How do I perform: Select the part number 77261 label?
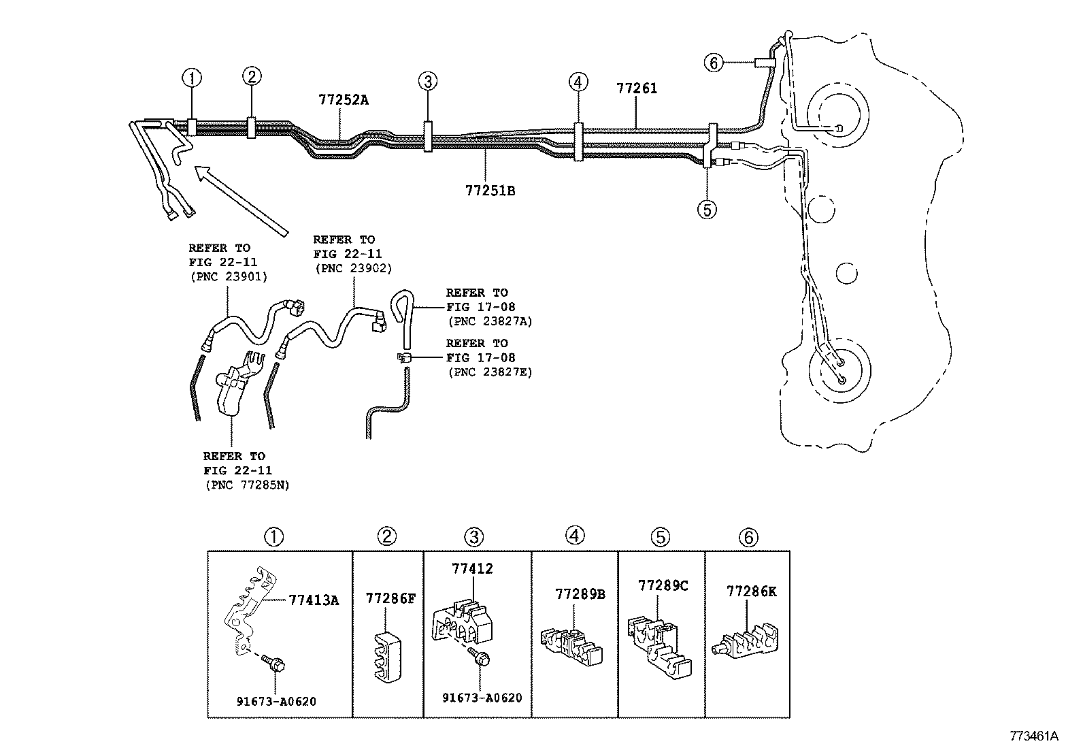(x=637, y=88)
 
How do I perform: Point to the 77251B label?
(x=490, y=191)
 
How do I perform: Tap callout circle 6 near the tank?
(x=713, y=63)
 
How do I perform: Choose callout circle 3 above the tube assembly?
(x=427, y=82)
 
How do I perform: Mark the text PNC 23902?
(x=353, y=269)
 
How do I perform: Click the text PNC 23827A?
(x=490, y=321)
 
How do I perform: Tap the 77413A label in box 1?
(x=314, y=600)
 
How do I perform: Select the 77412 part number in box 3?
(x=472, y=569)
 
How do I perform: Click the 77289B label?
(x=580, y=594)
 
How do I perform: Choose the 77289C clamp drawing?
(x=657, y=643)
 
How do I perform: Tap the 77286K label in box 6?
(x=751, y=591)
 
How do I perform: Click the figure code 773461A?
(x=1034, y=736)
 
